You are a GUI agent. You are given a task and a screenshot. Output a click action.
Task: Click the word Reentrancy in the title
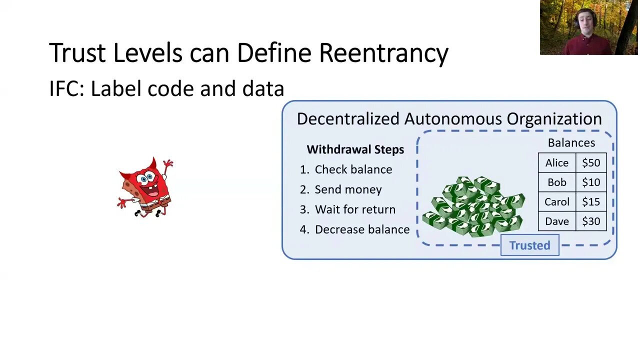click(x=383, y=53)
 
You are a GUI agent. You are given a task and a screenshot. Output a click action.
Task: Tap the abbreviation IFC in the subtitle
click(x=66, y=88)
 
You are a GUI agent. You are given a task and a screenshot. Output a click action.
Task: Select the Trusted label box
click(x=529, y=245)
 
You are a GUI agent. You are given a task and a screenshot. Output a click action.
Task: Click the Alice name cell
click(x=557, y=163)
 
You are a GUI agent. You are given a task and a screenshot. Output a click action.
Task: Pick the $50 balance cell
click(x=591, y=163)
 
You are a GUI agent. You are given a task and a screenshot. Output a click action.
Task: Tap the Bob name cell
click(x=557, y=182)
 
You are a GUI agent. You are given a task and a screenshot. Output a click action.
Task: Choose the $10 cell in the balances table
click(x=591, y=182)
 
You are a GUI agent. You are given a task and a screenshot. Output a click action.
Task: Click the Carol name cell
click(x=557, y=202)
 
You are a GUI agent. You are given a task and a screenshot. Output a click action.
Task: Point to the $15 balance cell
click(x=591, y=202)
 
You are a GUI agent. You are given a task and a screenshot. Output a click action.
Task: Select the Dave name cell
click(x=557, y=221)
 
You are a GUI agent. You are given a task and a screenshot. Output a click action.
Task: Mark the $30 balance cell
click(x=591, y=221)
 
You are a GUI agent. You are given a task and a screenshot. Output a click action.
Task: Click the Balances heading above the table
click(x=571, y=143)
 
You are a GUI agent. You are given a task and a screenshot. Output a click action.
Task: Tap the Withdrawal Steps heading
click(x=355, y=149)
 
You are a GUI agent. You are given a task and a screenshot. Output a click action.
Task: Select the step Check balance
click(x=353, y=169)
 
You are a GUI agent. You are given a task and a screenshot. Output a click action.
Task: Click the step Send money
click(x=348, y=189)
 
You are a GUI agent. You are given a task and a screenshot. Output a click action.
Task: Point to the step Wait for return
click(x=355, y=209)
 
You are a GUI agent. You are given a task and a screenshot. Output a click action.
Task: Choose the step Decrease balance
click(x=362, y=229)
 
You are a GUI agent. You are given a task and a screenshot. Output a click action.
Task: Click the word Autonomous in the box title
click(x=453, y=119)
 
